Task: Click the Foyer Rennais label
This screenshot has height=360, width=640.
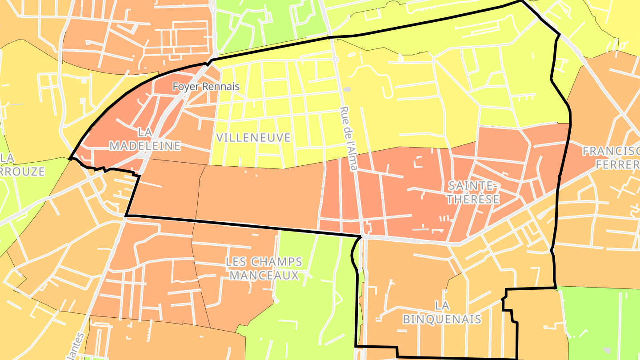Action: pyautogui.click(x=206, y=86)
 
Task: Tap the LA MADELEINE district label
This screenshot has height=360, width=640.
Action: pyautogui.click(x=145, y=139)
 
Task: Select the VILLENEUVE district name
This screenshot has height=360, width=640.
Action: pyautogui.click(x=253, y=138)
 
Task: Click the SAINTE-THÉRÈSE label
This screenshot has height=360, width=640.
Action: pyautogui.click(x=473, y=192)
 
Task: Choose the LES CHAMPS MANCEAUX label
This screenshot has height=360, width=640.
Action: pyautogui.click(x=264, y=268)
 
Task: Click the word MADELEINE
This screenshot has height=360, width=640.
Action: pyautogui.click(x=145, y=146)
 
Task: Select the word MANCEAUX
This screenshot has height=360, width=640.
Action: pyautogui.click(x=264, y=276)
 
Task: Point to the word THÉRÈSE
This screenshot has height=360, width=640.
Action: pyautogui.click(x=473, y=199)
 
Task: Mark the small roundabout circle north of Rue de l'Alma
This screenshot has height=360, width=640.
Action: pyautogui.click(x=336, y=59)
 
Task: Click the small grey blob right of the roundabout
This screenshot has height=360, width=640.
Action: pyautogui.click(x=348, y=89)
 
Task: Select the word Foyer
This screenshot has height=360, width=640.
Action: pyautogui.click(x=183, y=86)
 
